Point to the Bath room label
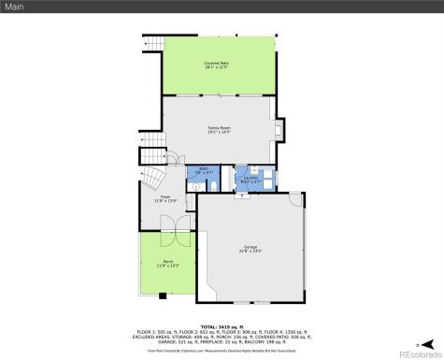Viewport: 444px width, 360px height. pyautogui.click(x=202, y=168)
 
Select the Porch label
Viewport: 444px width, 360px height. pyautogui.click(x=166, y=263)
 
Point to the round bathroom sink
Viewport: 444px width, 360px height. pyautogui.click(x=194, y=185)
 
